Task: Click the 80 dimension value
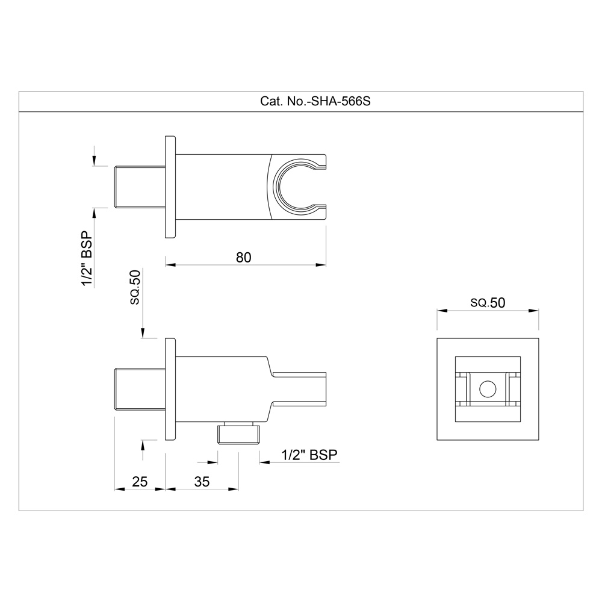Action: pyautogui.click(x=243, y=257)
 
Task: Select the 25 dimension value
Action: pyautogui.click(x=140, y=482)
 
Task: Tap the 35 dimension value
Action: pyautogui.click(x=202, y=482)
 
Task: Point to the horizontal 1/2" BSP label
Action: pyautogui.click(x=309, y=455)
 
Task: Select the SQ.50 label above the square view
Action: pyautogui.click(x=487, y=303)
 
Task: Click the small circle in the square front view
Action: pyautogui.click(x=487, y=391)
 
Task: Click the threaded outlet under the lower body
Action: pyautogui.click(x=239, y=432)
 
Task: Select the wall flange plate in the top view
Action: pyautogui.click(x=170, y=187)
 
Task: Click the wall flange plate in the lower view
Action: pyautogui.click(x=170, y=390)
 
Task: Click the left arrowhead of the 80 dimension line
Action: pyautogui.click(x=170, y=264)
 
